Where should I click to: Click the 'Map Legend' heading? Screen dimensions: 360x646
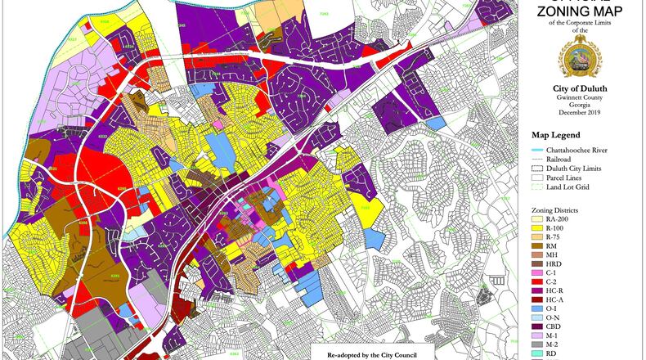click(555, 135)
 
